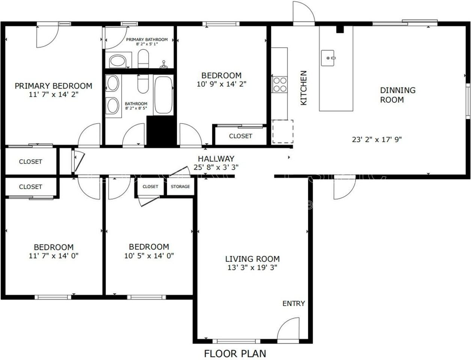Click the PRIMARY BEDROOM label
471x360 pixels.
(53, 86)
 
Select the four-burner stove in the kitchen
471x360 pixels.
(280, 84)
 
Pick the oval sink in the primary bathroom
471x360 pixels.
(118, 61)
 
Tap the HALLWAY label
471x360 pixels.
(216, 159)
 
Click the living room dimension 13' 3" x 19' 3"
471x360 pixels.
(252, 267)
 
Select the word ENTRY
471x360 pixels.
(293, 303)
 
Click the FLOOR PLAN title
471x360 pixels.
(235, 353)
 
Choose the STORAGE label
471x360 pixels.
(180, 186)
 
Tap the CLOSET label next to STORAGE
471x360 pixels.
(150, 186)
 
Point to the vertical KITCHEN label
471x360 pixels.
(304, 88)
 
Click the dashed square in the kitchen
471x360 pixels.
(282, 131)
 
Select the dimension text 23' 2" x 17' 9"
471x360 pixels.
(377, 139)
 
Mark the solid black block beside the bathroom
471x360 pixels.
(161, 130)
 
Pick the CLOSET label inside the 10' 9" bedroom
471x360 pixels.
(241, 136)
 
